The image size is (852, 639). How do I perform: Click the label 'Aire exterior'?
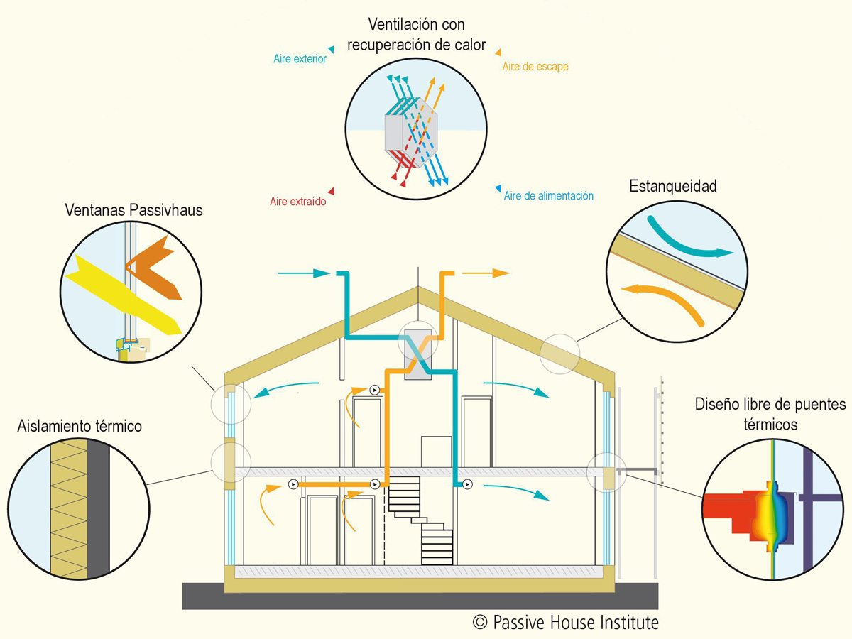click(x=300, y=59)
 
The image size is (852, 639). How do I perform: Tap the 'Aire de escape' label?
click(x=535, y=66)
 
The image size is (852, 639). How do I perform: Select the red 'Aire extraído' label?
click(x=297, y=202)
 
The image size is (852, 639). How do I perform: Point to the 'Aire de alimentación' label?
click(x=548, y=196)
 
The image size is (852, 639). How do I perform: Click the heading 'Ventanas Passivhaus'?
click(x=133, y=210)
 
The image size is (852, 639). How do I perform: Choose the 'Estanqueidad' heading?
click(x=672, y=186)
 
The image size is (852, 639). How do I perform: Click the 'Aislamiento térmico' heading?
click(x=80, y=426)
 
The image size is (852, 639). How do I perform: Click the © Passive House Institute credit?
click(x=566, y=623)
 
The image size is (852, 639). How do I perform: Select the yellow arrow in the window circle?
click(x=124, y=295)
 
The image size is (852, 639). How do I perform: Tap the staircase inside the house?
click(x=421, y=520)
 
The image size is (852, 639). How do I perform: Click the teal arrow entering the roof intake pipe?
click(x=304, y=273)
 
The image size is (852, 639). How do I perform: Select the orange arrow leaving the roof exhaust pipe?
click(x=486, y=273)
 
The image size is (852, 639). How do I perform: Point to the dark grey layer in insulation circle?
click(x=98, y=509)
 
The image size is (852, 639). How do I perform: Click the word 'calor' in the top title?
click(x=470, y=45)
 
